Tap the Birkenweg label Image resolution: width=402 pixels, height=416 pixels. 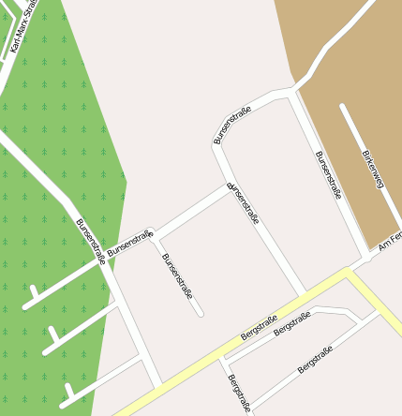tap(372, 171)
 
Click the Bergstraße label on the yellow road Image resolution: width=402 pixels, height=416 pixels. tap(260, 327)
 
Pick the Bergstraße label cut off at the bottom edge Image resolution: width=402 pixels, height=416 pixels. tap(239, 394)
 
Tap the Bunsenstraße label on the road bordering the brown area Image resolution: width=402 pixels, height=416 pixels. tap(328, 175)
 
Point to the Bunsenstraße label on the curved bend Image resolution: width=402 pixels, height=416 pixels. tap(233, 126)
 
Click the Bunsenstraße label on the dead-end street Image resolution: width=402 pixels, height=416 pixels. tap(177, 276)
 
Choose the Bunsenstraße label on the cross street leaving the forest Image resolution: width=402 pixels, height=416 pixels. tap(130, 245)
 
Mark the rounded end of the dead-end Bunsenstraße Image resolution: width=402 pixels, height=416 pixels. tap(201, 314)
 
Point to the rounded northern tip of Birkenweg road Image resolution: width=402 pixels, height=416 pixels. tap(343, 107)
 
